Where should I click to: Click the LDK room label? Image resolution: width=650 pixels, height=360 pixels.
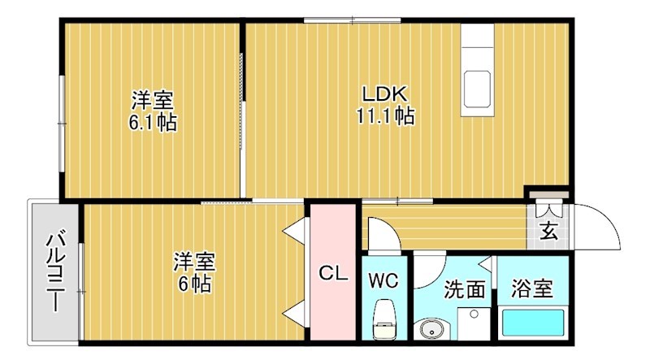tap(384, 93)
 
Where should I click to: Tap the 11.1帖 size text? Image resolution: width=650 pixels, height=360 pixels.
tap(384, 116)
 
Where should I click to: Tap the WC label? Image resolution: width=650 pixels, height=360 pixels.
tap(383, 281)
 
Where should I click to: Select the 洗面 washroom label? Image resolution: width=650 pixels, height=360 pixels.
tap(464, 289)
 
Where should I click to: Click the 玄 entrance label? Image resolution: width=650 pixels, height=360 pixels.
tap(548, 232)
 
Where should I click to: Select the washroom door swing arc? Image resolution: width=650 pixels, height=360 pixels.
tap(431, 268)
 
